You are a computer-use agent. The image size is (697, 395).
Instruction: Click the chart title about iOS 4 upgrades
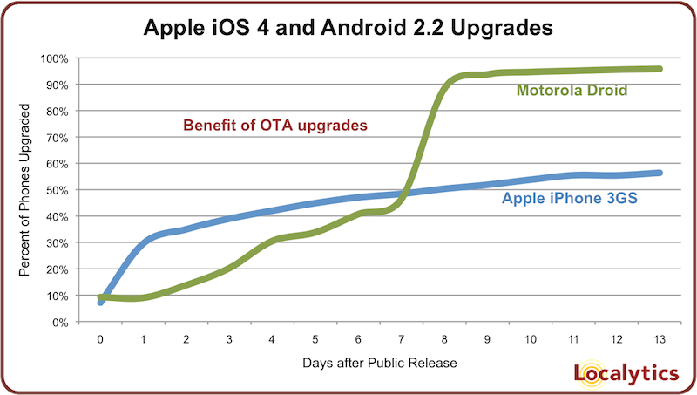(348, 28)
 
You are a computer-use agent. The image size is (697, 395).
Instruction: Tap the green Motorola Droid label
(572, 90)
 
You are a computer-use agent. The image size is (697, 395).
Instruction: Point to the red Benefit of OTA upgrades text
(276, 126)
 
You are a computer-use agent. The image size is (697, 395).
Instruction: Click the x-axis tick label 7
(401, 337)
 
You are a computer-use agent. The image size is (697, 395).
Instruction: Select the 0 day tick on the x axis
(100, 337)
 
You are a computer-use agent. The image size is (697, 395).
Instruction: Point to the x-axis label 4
(272, 337)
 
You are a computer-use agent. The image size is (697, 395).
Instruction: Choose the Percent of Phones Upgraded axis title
(25, 190)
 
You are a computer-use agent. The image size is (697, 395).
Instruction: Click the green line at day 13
(659, 69)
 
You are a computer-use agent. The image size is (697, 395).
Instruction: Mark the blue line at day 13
(659, 173)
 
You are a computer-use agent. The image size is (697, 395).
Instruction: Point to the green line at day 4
(272, 239)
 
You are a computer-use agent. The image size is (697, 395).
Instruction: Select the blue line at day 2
(186, 228)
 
